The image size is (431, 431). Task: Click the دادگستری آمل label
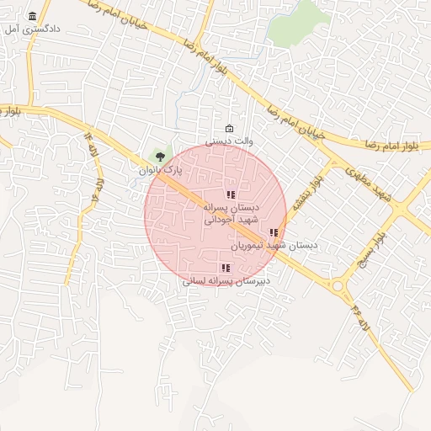(x=39, y=29)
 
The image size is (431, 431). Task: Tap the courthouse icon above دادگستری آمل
(x=33, y=16)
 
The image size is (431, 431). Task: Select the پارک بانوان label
(x=160, y=170)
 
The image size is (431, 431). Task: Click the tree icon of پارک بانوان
(x=161, y=156)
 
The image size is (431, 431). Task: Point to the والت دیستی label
(x=230, y=141)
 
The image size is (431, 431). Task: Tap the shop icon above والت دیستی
(x=230, y=128)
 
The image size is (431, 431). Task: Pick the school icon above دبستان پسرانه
(x=231, y=194)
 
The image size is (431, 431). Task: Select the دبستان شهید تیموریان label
(x=274, y=246)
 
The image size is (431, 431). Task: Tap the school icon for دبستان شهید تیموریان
(x=274, y=232)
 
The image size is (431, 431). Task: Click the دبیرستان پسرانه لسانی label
(x=226, y=281)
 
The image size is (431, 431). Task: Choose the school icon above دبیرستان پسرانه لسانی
(x=226, y=268)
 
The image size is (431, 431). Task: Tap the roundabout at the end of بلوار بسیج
(x=338, y=285)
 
